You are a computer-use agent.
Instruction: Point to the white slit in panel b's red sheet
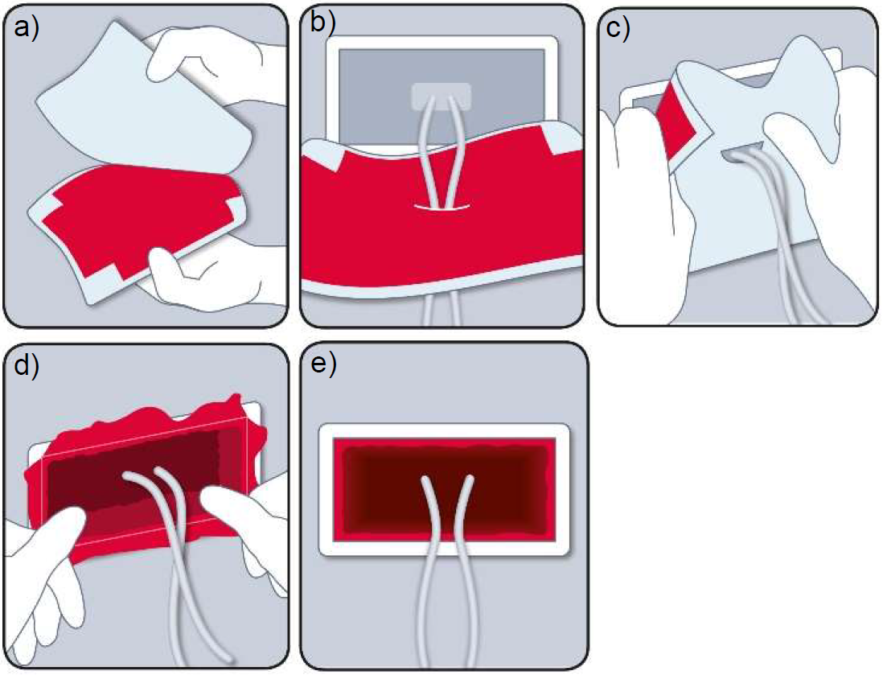pyautogui.click(x=441, y=208)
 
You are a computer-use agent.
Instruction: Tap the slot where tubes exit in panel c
pyautogui.click(x=744, y=152)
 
